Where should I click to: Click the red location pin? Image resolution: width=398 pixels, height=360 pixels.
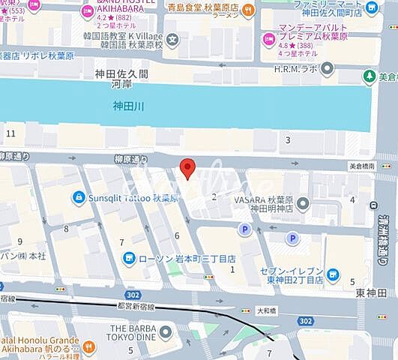point(189,168)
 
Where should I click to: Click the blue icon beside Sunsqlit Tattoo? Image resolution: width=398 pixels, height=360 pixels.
point(77,196)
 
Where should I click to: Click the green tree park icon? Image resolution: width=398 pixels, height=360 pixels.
point(369,76)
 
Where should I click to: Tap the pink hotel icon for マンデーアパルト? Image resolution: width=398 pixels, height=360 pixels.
point(265,37)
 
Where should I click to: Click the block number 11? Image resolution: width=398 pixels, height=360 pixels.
point(10,133)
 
